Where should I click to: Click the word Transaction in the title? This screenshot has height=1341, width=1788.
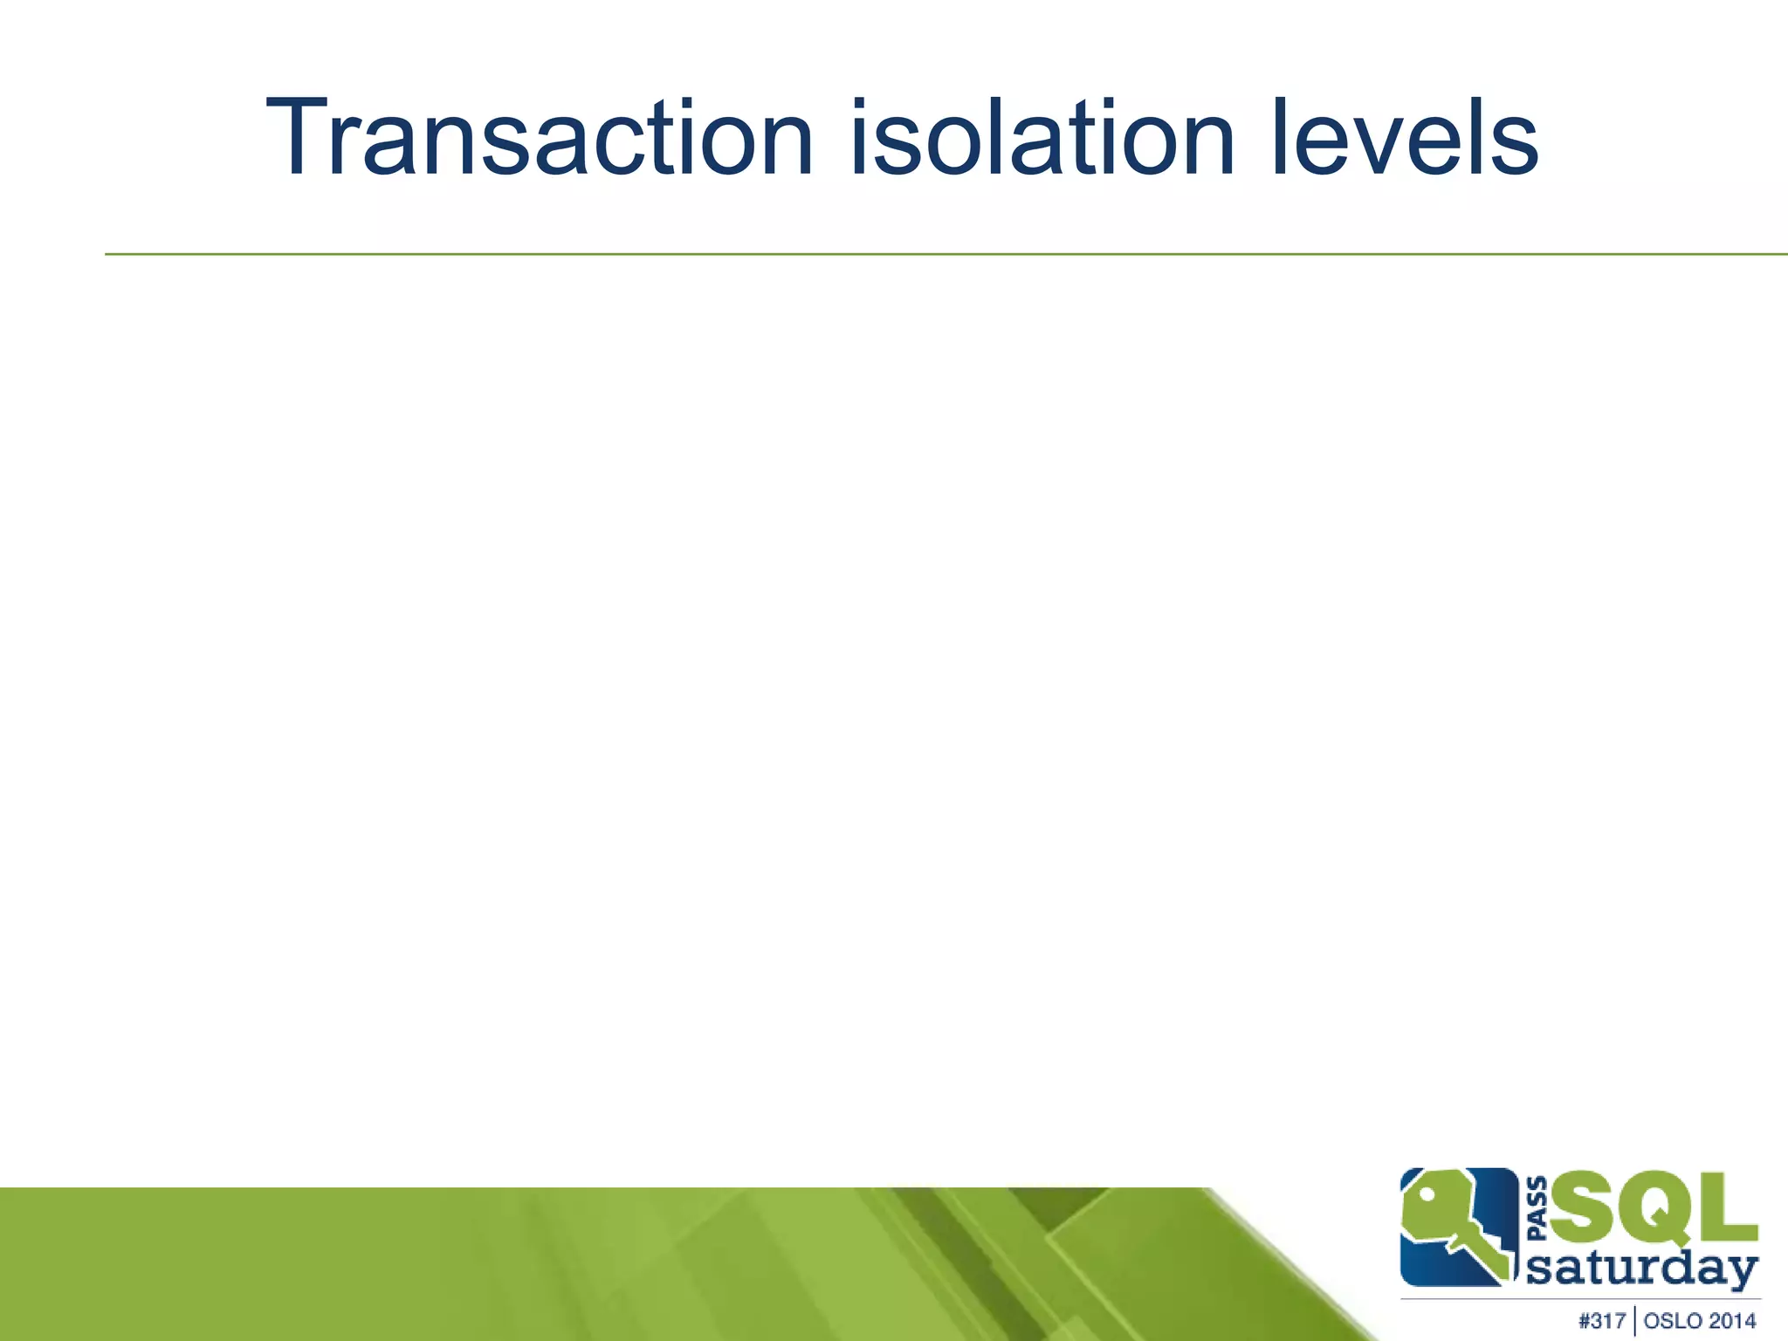(540, 140)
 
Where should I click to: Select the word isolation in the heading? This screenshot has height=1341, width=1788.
(1042, 140)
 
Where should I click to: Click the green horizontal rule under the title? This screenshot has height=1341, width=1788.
(873, 254)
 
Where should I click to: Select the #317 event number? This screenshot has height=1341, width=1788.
(1602, 1321)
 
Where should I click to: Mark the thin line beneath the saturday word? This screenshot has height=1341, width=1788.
(1580, 1299)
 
